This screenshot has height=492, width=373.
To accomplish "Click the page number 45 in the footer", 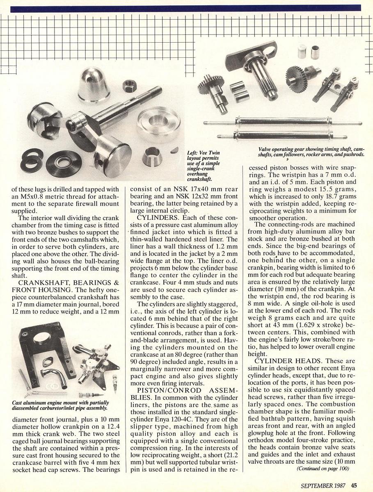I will pos(354,484).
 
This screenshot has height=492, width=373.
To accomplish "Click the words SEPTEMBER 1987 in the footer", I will pos(324,484).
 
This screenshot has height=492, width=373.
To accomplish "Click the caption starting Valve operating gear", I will pos(311,151).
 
